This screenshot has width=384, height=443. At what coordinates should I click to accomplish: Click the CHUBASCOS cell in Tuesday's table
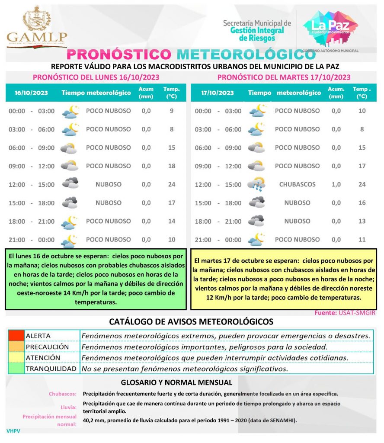297,184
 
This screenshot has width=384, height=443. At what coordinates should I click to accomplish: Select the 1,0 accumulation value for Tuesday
336,184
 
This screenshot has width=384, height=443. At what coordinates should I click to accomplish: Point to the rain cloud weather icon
256,185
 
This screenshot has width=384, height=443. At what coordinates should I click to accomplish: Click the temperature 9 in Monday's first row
172,111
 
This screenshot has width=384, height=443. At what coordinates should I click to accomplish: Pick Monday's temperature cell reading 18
172,166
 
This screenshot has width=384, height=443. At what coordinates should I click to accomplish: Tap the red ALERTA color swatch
16,336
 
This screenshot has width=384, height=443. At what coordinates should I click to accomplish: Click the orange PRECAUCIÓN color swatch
16,347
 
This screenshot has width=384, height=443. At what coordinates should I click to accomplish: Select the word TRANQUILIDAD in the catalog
51,369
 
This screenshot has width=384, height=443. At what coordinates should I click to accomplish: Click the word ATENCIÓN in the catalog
43,358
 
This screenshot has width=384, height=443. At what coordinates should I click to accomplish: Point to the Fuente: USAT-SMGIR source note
345,313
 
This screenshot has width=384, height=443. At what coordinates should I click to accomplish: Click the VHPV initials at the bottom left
13,431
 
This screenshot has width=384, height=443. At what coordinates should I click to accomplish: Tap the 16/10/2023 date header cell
31,93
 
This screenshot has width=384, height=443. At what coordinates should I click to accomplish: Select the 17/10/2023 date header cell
218,93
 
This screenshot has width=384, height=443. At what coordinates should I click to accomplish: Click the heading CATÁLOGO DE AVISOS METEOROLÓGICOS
191,322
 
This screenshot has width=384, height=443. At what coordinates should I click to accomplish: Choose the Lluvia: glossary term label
69,407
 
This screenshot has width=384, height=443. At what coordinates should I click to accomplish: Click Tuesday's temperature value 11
362,239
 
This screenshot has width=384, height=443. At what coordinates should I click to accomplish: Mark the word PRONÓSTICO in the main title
120,55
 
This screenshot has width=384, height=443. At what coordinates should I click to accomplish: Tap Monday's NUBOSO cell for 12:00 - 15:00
108,184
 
